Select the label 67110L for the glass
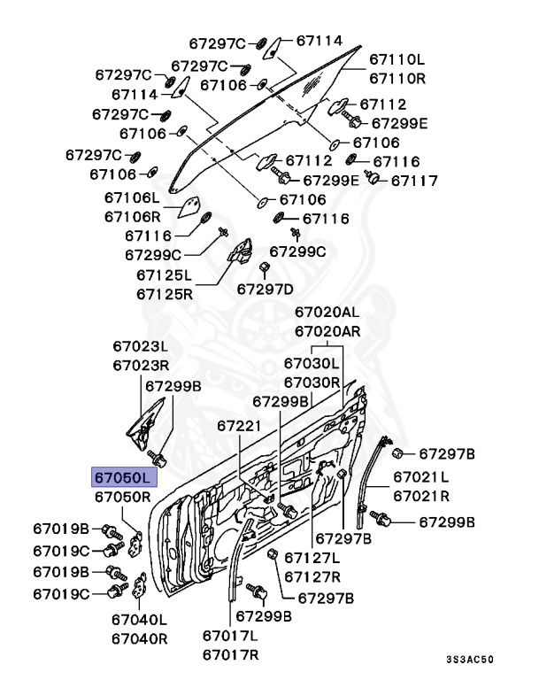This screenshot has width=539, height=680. (397, 60)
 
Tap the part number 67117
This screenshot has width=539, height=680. (414, 181)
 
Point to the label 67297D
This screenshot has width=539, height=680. (265, 288)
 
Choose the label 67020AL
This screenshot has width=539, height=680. (327, 313)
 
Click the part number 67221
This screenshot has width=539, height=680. (240, 426)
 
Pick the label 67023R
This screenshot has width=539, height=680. (140, 365)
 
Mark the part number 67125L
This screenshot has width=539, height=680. (166, 274)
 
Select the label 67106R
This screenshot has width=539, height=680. (133, 216)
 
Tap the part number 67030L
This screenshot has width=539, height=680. (312, 363)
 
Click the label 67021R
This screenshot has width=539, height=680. (420, 496)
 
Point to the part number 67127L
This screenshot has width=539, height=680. (312, 557)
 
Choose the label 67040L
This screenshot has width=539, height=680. (139, 620)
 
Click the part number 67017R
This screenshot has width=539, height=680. (230, 654)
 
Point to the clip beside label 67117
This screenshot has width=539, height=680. (373, 180)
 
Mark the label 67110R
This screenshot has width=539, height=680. (397, 78)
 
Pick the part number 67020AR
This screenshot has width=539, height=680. (327, 331)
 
